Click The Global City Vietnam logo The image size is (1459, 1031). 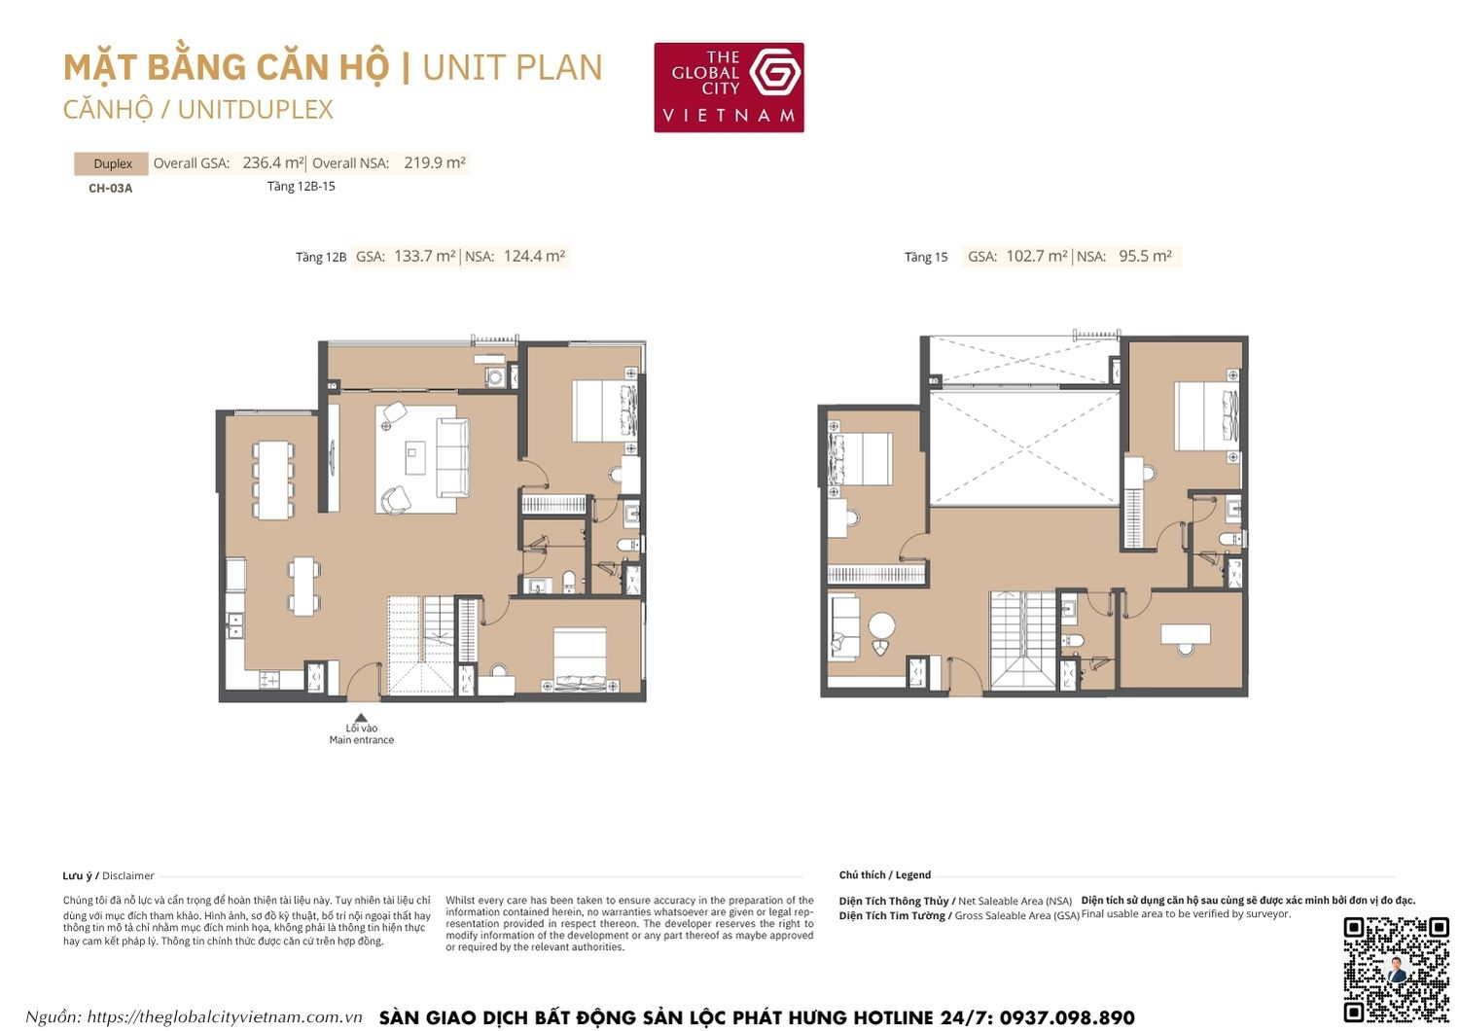(x=729, y=87)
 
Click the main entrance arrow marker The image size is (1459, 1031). (x=361, y=718)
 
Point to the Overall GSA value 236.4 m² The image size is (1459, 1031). (x=273, y=162)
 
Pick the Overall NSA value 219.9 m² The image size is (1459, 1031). (x=435, y=162)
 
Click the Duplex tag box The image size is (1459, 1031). (x=112, y=163)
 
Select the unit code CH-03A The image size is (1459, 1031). (x=110, y=188)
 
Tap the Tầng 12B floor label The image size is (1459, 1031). (x=321, y=257)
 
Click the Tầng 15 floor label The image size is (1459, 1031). (x=925, y=257)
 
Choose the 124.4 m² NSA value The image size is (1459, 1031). (x=534, y=256)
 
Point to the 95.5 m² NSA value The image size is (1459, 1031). (x=1145, y=256)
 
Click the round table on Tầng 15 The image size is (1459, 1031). (x=881, y=624)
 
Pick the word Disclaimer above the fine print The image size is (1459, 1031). (x=128, y=875)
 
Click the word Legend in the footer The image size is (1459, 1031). (x=913, y=874)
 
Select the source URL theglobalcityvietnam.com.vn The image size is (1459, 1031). (x=225, y=1017)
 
